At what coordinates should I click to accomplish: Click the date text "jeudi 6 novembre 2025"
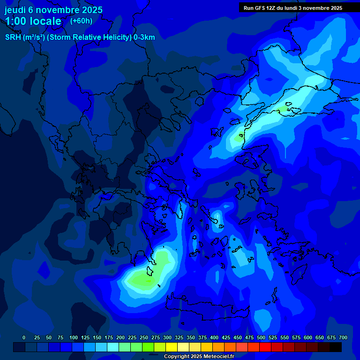pyautogui.click(x=53, y=10)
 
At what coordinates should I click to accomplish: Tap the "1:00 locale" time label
pyautogui.click(x=33, y=21)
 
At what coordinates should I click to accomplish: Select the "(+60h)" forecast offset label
pyautogui.click(x=81, y=21)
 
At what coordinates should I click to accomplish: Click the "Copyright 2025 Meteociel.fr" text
pyautogui.click(x=199, y=356)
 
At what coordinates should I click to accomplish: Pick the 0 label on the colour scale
pyautogui.click(x=24, y=337)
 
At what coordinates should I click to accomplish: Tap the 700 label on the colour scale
pyautogui.click(x=343, y=337)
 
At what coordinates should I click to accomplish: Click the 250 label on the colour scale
pyautogui.click(x=132, y=337)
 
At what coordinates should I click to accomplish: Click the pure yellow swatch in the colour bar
pyautogui.click(x=172, y=347)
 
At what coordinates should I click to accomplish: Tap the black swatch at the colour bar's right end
pyautogui.click(x=336, y=347)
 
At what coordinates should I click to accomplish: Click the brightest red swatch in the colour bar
pyautogui.click(x=265, y=347)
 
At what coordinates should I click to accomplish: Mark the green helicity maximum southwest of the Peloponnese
pyautogui.click(x=143, y=280)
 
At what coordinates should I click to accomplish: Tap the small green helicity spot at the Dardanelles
pyautogui.click(x=239, y=138)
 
